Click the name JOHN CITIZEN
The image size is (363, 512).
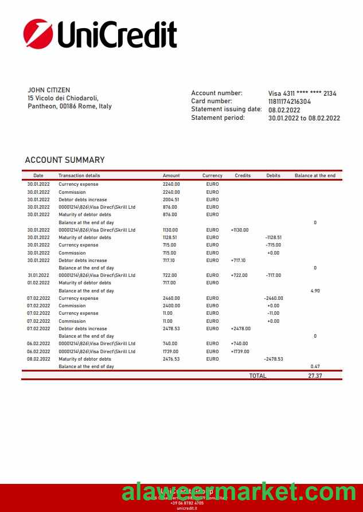[49, 90]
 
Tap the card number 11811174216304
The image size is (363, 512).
[290, 101]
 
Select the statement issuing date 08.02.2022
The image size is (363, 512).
[284, 110]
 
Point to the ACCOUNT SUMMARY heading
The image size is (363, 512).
[65, 160]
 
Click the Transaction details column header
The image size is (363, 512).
[79, 175]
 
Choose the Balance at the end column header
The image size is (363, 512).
[315, 175]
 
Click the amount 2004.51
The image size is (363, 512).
[171, 200]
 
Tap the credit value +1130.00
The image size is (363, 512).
[240, 230]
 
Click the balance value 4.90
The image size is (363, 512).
[315, 291]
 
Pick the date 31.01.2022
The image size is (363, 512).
[38, 275]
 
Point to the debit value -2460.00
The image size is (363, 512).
[274, 298]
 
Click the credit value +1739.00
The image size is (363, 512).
[240, 351]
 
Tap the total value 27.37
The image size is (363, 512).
[315, 376]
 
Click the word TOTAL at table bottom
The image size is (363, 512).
[257, 376]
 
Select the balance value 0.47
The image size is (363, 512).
[315, 366]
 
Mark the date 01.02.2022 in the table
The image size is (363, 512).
[38, 283]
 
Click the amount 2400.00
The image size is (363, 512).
[171, 306]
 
